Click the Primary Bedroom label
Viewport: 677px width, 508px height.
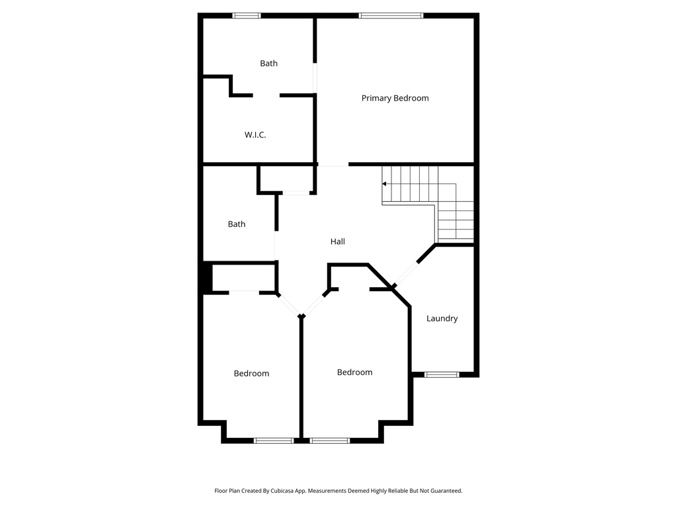[395, 98]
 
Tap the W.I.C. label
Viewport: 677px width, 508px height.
[255, 135]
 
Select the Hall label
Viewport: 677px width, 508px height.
[337, 241]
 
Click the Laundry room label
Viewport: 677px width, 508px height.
[442, 318]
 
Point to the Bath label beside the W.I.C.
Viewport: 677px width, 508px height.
[268, 63]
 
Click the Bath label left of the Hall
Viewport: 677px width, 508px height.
[237, 224]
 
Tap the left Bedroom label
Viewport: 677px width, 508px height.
[251, 373]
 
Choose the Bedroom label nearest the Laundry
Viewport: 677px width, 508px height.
[354, 372]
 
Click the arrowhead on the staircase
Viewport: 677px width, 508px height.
[385, 184]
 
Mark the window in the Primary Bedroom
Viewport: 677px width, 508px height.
[391, 15]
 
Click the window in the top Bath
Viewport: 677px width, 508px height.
[247, 15]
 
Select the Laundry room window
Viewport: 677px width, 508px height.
[441, 374]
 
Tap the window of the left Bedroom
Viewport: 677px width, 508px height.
[274, 440]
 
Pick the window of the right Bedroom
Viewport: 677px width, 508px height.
[329, 440]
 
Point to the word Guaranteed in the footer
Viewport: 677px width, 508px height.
[446, 491]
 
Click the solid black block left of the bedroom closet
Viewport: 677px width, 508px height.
[206, 278]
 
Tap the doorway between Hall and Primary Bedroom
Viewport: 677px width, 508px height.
[333, 165]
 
